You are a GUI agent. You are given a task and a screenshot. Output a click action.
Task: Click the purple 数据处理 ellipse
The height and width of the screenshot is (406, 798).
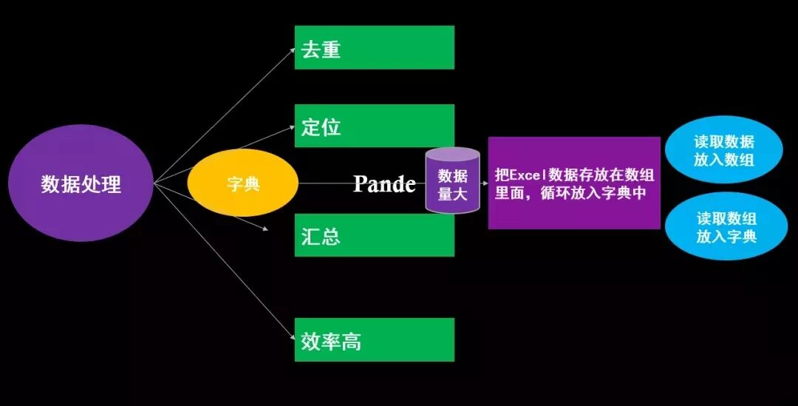click(x=81, y=183)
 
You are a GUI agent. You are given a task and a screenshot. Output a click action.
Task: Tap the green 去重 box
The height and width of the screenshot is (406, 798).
click(x=374, y=48)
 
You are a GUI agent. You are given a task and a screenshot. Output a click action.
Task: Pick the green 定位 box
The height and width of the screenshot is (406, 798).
click(x=374, y=126)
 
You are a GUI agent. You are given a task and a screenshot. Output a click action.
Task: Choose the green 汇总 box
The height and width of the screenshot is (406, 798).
click(x=374, y=236)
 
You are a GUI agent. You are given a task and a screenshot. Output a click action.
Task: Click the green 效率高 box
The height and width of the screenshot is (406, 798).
click(x=374, y=340)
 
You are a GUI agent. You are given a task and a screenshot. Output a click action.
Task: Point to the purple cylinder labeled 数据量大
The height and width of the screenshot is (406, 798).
click(x=452, y=182)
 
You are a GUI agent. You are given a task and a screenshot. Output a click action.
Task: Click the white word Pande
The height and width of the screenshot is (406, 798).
click(x=384, y=183)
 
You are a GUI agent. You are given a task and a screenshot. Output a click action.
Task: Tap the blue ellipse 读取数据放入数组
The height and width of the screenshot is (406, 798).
click(x=723, y=150)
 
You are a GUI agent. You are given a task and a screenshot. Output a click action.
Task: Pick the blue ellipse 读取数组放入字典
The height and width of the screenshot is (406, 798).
click(x=726, y=228)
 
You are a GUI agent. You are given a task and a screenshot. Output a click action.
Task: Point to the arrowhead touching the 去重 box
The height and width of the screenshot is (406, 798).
click(x=290, y=50)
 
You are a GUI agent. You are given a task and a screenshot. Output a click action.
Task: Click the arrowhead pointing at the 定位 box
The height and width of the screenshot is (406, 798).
click(x=290, y=127)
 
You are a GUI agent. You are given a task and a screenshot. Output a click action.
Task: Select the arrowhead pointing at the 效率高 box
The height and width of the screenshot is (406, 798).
click(x=290, y=339)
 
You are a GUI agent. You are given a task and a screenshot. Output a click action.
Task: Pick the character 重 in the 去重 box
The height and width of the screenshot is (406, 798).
click(x=330, y=50)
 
